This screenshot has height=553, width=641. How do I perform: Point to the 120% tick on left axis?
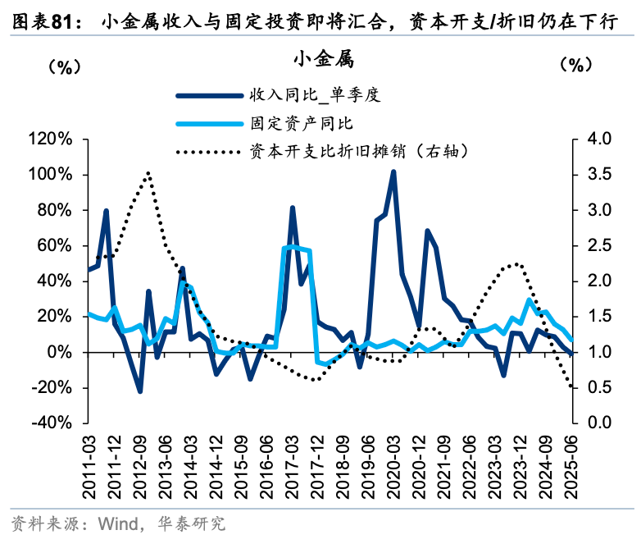pyautogui.click(x=50, y=139)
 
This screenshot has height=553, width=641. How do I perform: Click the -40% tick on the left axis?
pyautogui.click(x=50, y=423)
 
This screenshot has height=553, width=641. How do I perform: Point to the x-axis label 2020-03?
pyautogui.click(x=393, y=466)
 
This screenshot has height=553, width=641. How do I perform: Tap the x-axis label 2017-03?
pyautogui.click(x=292, y=466)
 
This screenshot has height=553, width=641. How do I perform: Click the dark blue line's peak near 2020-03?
pyautogui.click(x=393, y=171)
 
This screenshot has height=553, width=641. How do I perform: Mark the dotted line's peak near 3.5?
pyautogui.click(x=148, y=173)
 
